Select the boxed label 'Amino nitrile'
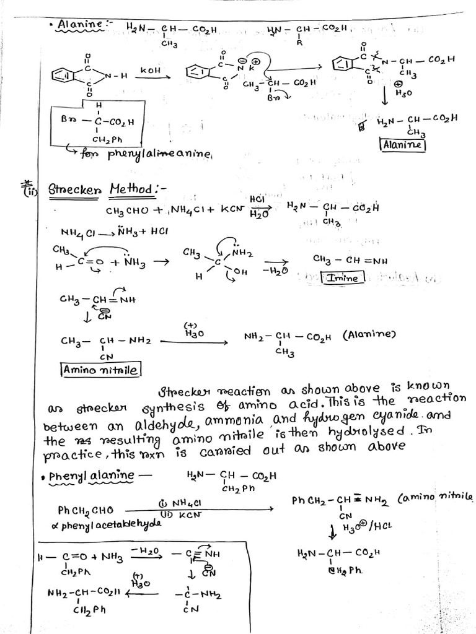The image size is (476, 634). click(x=101, y=370)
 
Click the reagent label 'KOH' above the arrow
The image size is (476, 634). click(x=150, y=72)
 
